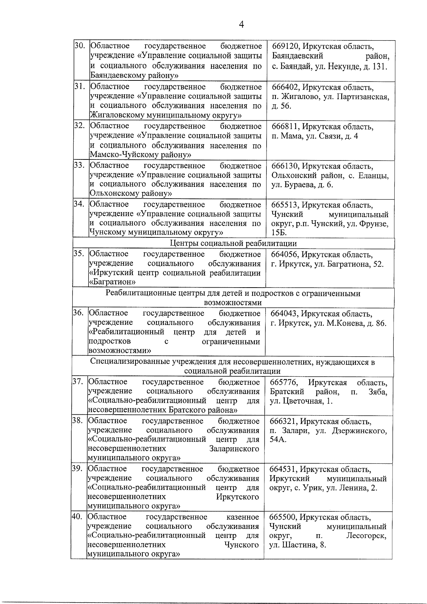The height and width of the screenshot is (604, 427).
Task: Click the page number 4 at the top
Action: (241, 25)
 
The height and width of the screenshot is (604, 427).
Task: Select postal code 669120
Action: (285, 47)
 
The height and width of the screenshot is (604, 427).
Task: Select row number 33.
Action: (79, 166)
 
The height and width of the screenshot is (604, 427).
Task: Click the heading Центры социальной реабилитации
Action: (233, 243)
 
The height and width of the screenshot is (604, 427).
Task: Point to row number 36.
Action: (78, 313)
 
